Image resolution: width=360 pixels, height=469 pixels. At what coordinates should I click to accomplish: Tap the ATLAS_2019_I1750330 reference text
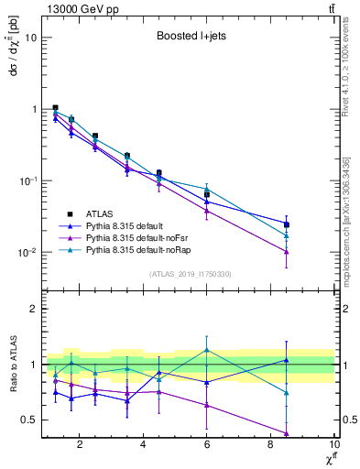190,274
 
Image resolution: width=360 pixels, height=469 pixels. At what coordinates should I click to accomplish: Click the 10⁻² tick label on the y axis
28,252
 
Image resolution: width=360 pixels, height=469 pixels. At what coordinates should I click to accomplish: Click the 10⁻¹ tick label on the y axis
28,180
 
